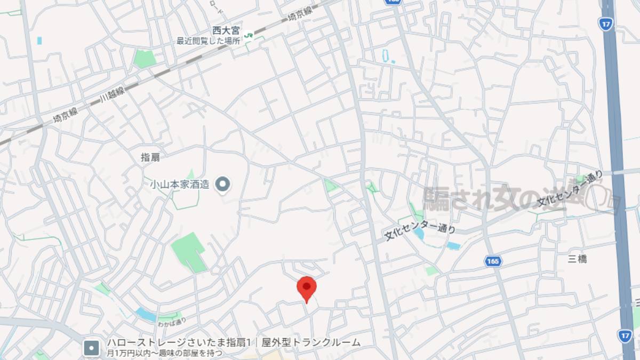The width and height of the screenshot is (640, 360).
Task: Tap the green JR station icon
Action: click(x=249, y=35)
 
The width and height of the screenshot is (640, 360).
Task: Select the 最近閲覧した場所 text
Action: click(x=208, y=41)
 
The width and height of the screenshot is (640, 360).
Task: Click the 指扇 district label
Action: click(x=150, y=157)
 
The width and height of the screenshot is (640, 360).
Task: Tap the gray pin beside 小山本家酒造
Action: click(x=222, y=185)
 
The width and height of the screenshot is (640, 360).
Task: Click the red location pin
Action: click(x=306, y=288)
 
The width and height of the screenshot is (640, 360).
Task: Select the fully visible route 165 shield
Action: click(x=493, y=261)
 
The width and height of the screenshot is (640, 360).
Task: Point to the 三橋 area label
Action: click(x=577, y=259)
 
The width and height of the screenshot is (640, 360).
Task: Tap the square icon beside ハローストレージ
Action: click(x=92, y=348)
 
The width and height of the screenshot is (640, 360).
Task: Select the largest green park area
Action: click(x=187, y=251)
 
